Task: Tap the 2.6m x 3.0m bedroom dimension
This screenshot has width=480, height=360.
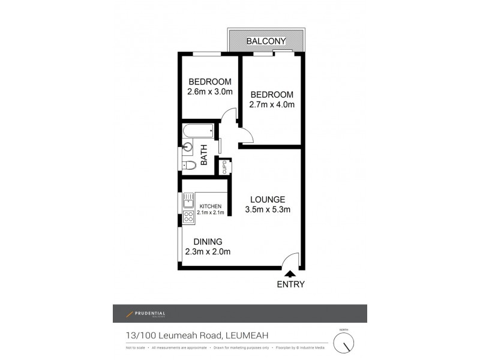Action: [210, 93]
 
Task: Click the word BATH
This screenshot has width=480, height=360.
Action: [204, 155]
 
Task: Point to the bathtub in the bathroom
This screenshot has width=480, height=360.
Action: [199, 130]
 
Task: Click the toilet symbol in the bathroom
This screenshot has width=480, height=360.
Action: [188, 164]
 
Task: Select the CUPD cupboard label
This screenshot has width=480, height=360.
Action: [224, 166]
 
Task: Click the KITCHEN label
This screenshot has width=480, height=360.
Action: [210, 206]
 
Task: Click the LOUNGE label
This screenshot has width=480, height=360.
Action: [268, 200]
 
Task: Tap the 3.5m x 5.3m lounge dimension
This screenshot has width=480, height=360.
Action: [268, 210]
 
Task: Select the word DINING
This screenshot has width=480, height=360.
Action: [208, 241]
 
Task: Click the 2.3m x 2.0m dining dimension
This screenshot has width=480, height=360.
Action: [208, 252]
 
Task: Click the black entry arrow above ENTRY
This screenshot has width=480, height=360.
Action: [290, 274]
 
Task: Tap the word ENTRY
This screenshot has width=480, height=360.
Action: [290, 285]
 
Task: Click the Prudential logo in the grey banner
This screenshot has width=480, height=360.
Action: [145, 314]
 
